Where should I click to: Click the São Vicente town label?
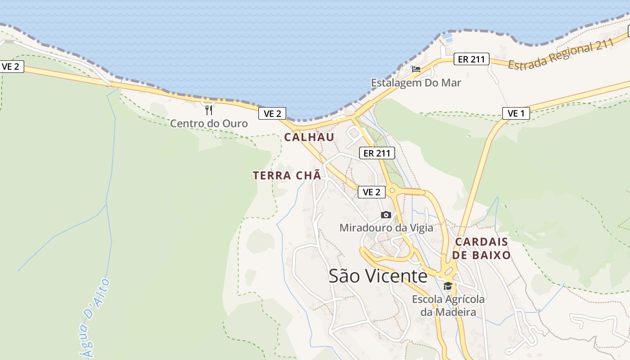pyautogui.click(x=378, y=276)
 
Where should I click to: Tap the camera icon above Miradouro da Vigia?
pyautogui.click(x=386, y=215)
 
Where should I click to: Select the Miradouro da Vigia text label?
pyautogui.click(x=386, y=228)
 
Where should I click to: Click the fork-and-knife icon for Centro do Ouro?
pyautogui.click(x=209, y=110)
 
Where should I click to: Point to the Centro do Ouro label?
pyautogui.click(x=209, y=123)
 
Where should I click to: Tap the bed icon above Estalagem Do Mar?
pyautogui.click(x=416, y=69)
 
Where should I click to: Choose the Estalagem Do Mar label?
pyautogui.click(x=416, y=83)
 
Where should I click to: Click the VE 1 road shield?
pyautogui.click(x=516, y=113)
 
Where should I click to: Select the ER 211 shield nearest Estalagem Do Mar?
pyautogui.click(x=471, y=59)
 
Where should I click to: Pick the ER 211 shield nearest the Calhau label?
pyautogui.click(x=377, y=153)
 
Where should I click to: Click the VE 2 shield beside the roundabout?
pyautogui.click(x=372, y=192)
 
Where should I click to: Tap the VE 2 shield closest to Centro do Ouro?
pyautogui.click(x=272, y=113)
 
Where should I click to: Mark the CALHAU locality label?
pyautogui.click(x=309, y=137)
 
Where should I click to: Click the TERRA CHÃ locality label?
pyautogui.click(x=287, y=175)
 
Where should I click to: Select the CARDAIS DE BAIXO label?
pyautogui.click(x=481, y=248)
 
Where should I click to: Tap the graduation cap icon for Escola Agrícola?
pyautogui.click(x=448, y=286)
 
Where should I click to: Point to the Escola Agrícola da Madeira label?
pyautogui.click(x=448, y=306)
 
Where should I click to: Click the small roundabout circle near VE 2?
pyautogui.click(x=392, y=191)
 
